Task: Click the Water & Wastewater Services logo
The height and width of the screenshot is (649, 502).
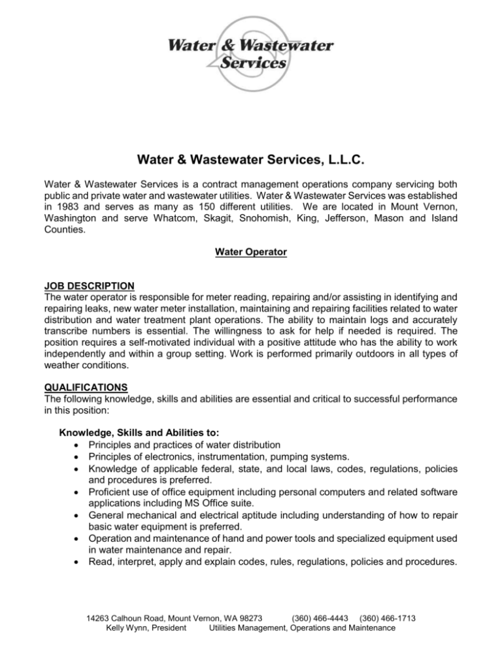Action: [x=251, y=55]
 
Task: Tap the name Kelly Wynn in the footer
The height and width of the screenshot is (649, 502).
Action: [x=133, y=628]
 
